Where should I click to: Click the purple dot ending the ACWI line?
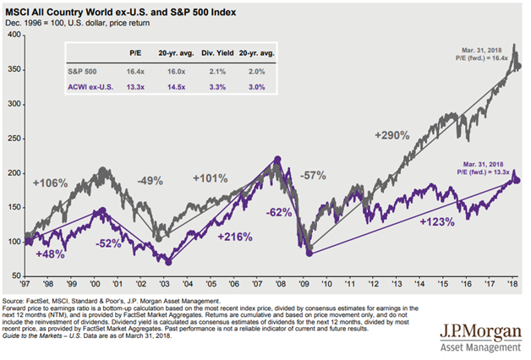517,180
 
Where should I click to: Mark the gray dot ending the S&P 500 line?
517,66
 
